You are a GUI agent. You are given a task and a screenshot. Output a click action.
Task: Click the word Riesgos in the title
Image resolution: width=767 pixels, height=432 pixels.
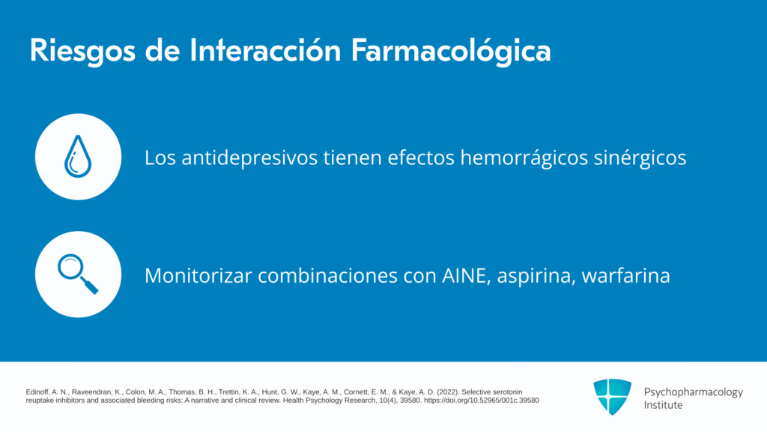click(x=82, y=51)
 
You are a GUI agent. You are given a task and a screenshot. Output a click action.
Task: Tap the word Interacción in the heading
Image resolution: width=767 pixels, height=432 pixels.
click(x=265, y=50)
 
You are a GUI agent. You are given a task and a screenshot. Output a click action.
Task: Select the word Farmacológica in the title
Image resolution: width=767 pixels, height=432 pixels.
click(x=451, y=51)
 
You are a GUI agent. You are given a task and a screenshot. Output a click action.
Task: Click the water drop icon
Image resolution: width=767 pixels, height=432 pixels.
click(x=78, y=156)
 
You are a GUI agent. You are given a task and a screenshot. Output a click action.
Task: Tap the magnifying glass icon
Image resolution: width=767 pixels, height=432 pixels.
click(x=78, y=274)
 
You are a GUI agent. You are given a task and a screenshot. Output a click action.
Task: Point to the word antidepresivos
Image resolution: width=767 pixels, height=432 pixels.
click(x=249, y=158)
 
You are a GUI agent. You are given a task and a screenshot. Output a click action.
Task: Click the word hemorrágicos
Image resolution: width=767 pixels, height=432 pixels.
click(x=524, y=158)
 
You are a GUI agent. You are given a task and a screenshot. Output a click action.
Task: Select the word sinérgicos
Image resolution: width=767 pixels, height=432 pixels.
click(x=640, y=158)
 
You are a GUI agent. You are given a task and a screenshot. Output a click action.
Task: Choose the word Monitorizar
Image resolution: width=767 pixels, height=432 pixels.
click(x=198, y=276)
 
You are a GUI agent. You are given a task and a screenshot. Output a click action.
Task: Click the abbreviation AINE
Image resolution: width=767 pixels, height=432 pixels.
click(x=466, y=276)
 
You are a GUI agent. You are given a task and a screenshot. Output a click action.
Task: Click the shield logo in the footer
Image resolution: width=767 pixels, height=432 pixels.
click(x=613, y=397)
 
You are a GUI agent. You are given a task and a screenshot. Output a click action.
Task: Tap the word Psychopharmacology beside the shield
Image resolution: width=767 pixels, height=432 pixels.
click(x=693, y=392)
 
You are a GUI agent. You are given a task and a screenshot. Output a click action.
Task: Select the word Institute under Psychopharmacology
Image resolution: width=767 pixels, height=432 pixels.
click(x=663, y=405)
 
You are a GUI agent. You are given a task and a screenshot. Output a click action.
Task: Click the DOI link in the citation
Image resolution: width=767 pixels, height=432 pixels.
click(x=482, y=400)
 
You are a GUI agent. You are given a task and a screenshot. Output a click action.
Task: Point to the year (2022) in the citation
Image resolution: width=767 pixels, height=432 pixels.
click(x=448, y=391)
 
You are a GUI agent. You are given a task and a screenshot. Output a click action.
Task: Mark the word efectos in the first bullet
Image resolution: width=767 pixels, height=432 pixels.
click(x=421, y=158)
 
